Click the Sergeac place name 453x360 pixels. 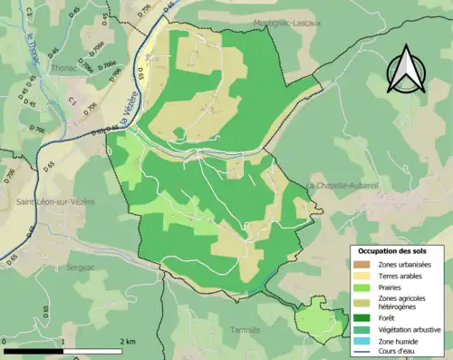[83, 268]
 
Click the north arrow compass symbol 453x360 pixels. [404, 70]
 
